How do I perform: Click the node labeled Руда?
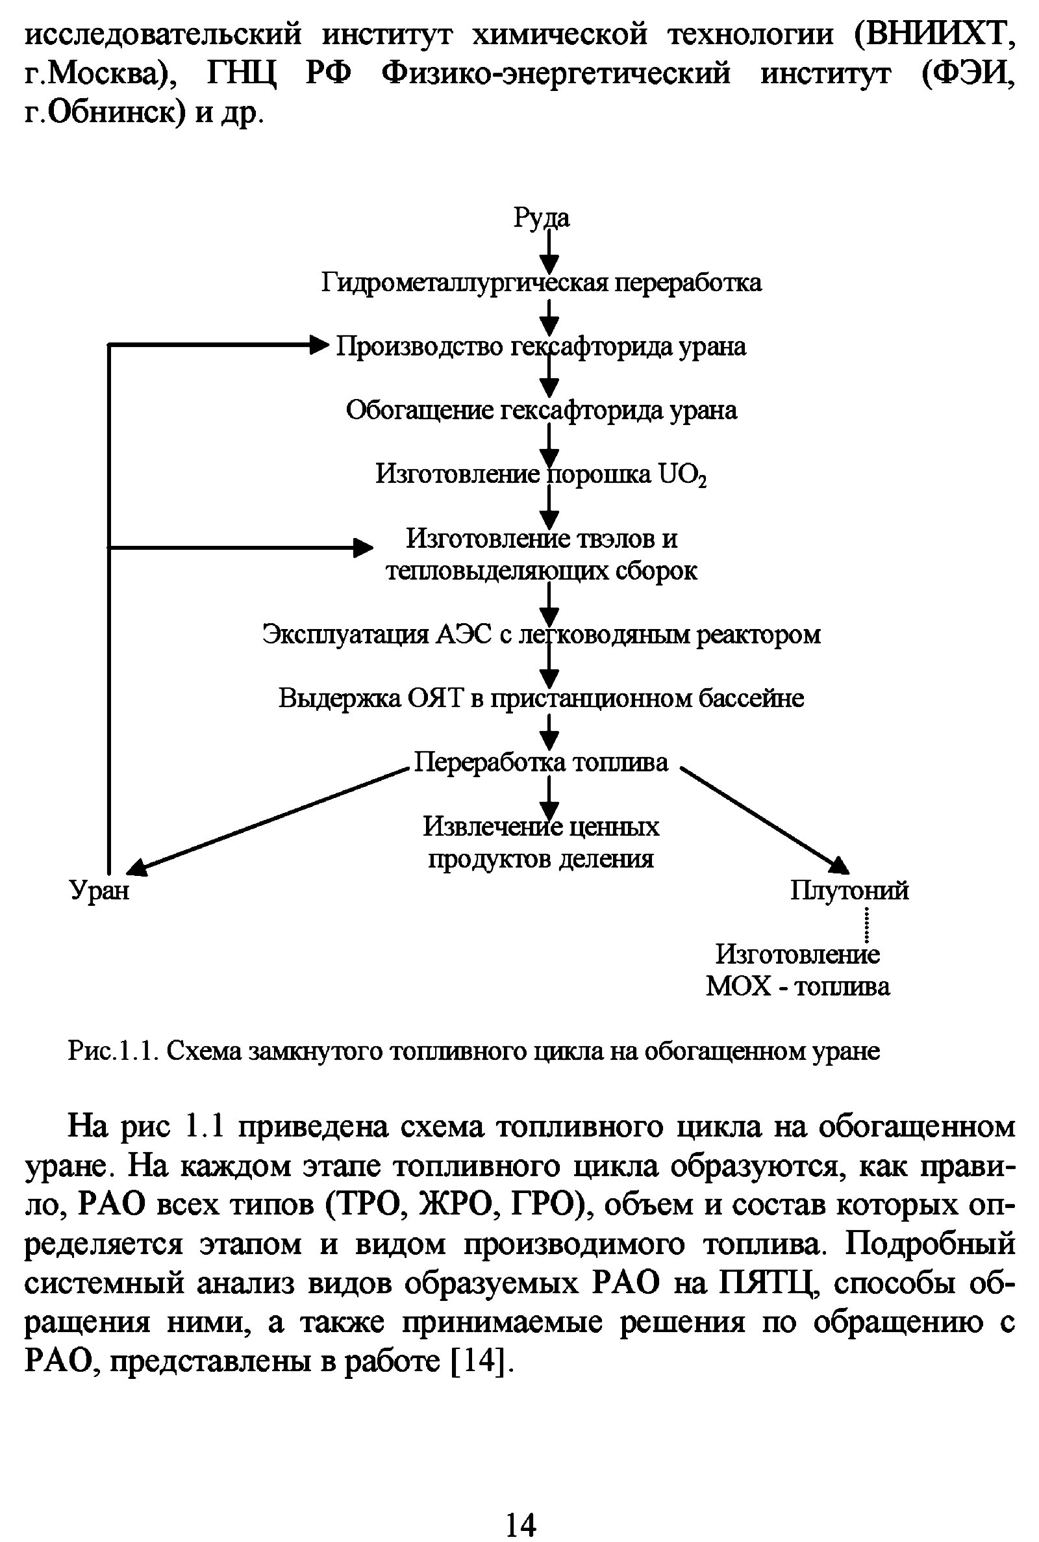tap(541, 218)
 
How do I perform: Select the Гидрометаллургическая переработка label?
tap(541, 283)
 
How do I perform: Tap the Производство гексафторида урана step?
tap(541, 347)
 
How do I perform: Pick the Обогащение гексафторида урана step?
tap(541, 411)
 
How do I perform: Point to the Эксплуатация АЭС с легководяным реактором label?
tap(541, 634)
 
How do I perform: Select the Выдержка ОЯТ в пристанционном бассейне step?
tap(541, 698)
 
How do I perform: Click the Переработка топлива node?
tap(541, 762)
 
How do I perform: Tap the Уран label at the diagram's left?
tap(99, 890)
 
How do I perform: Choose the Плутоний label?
tap(849, 890)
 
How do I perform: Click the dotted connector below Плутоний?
tap(866, 924)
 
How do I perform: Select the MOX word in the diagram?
tap(738, 986)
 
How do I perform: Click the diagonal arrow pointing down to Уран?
tap(265, 819)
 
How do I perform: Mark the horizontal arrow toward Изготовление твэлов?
tap(238, 548)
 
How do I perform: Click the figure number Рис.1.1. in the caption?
tap(111, 1051)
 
